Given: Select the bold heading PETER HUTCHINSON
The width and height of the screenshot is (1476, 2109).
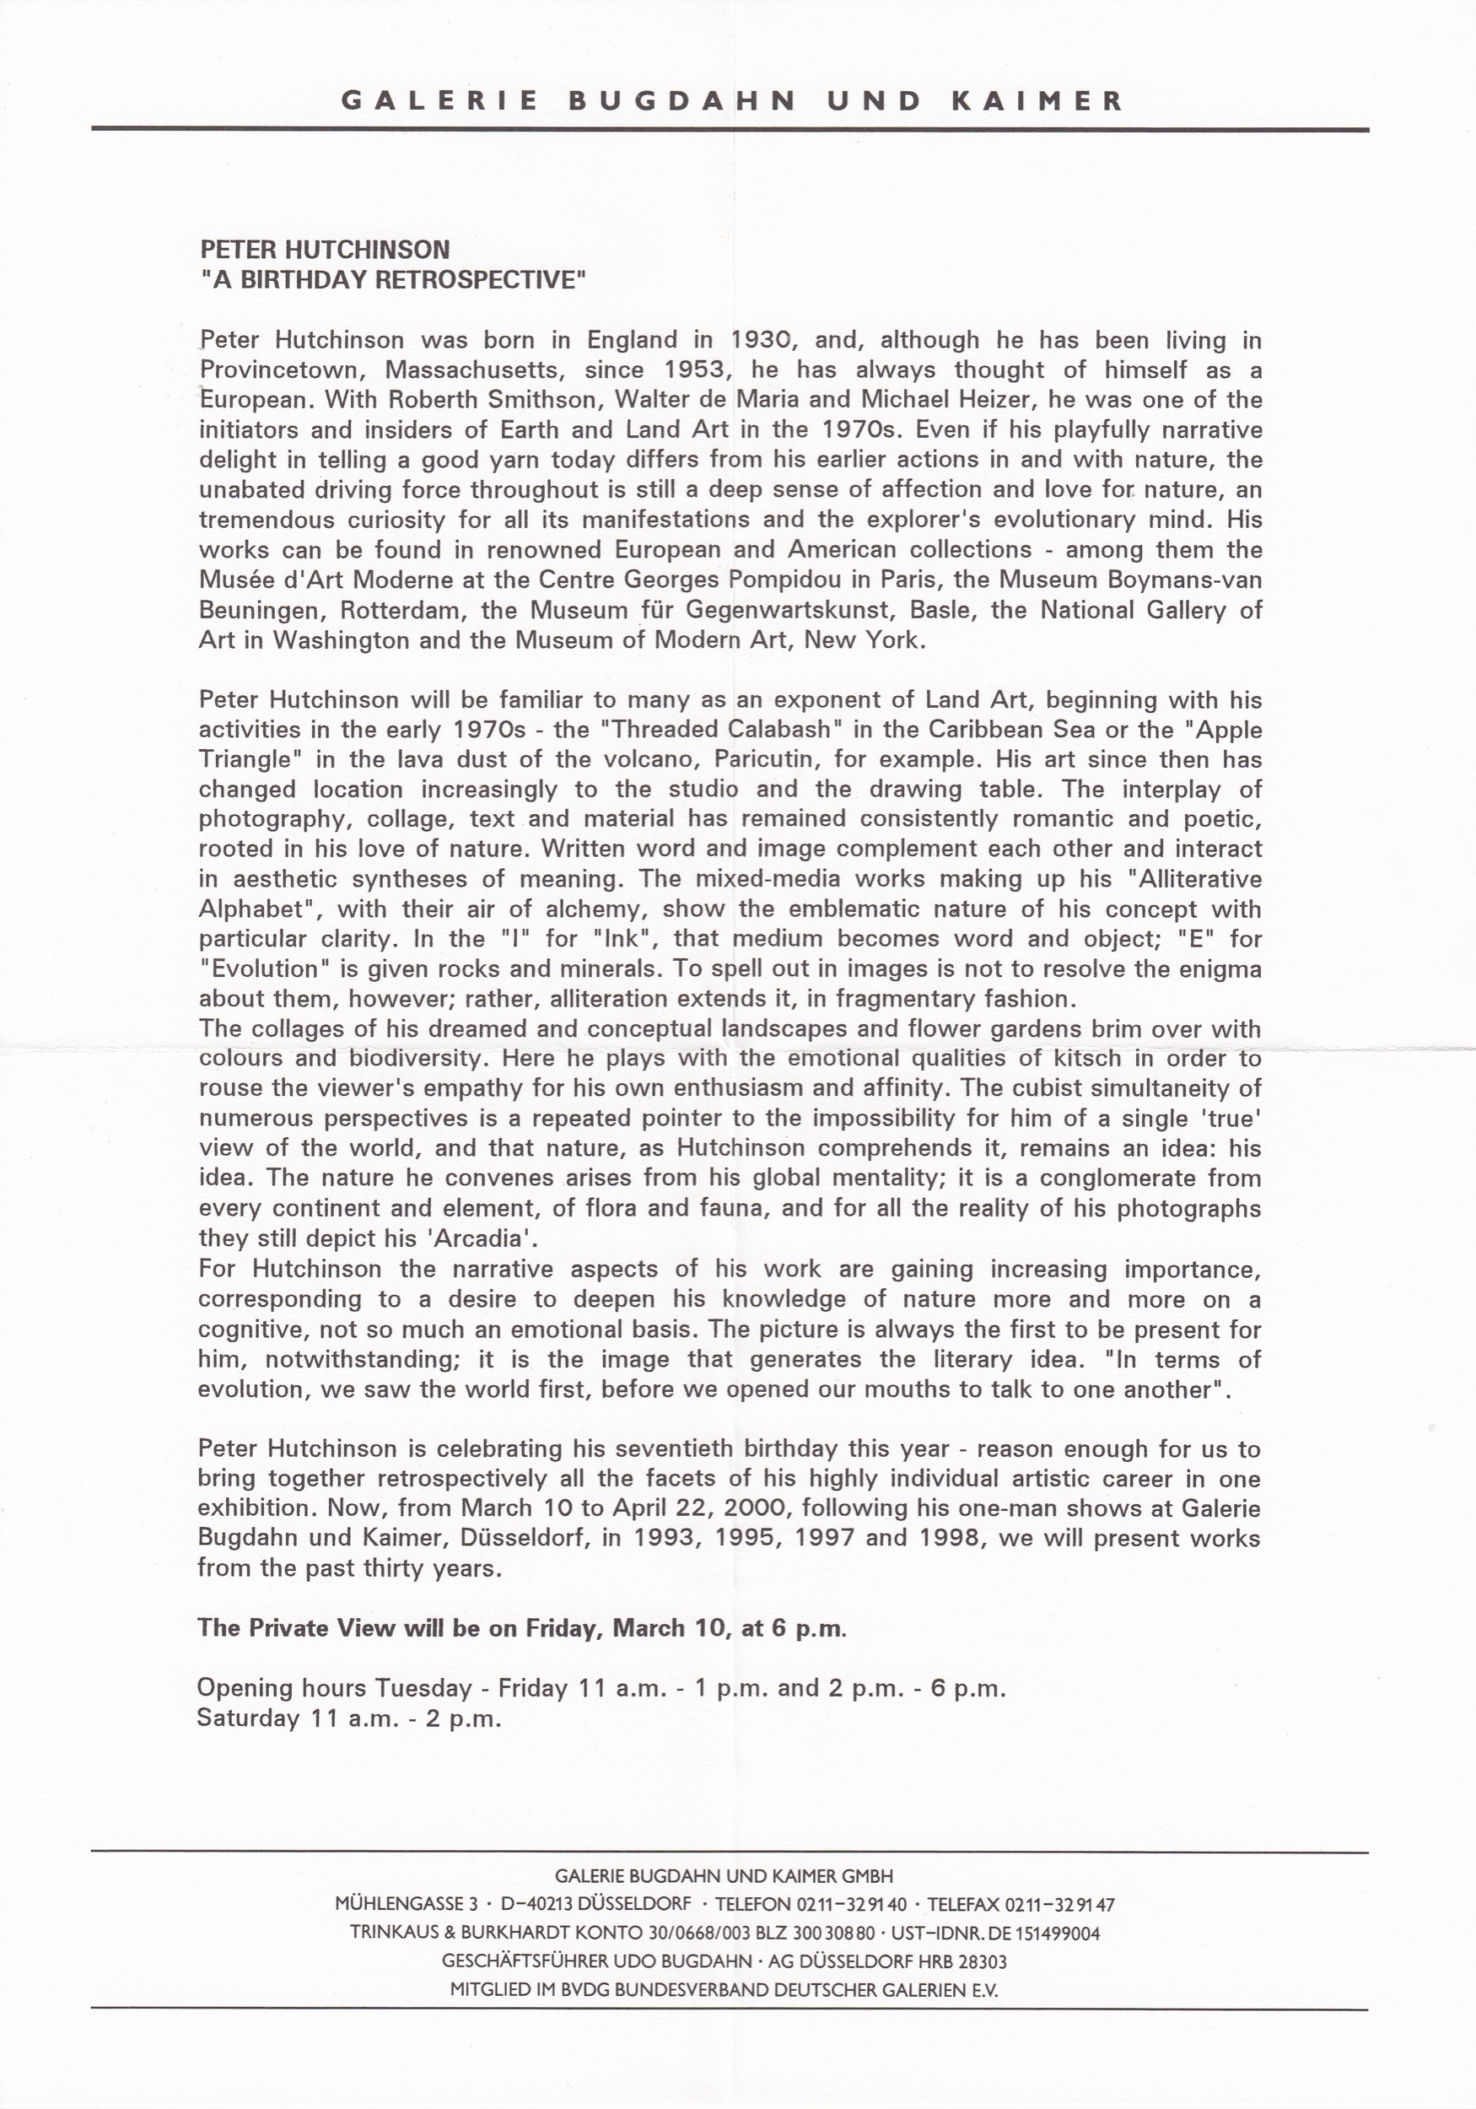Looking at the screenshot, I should (x=326, y=249).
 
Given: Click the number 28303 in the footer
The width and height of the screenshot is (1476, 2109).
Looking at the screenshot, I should (x=982, y=1961).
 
